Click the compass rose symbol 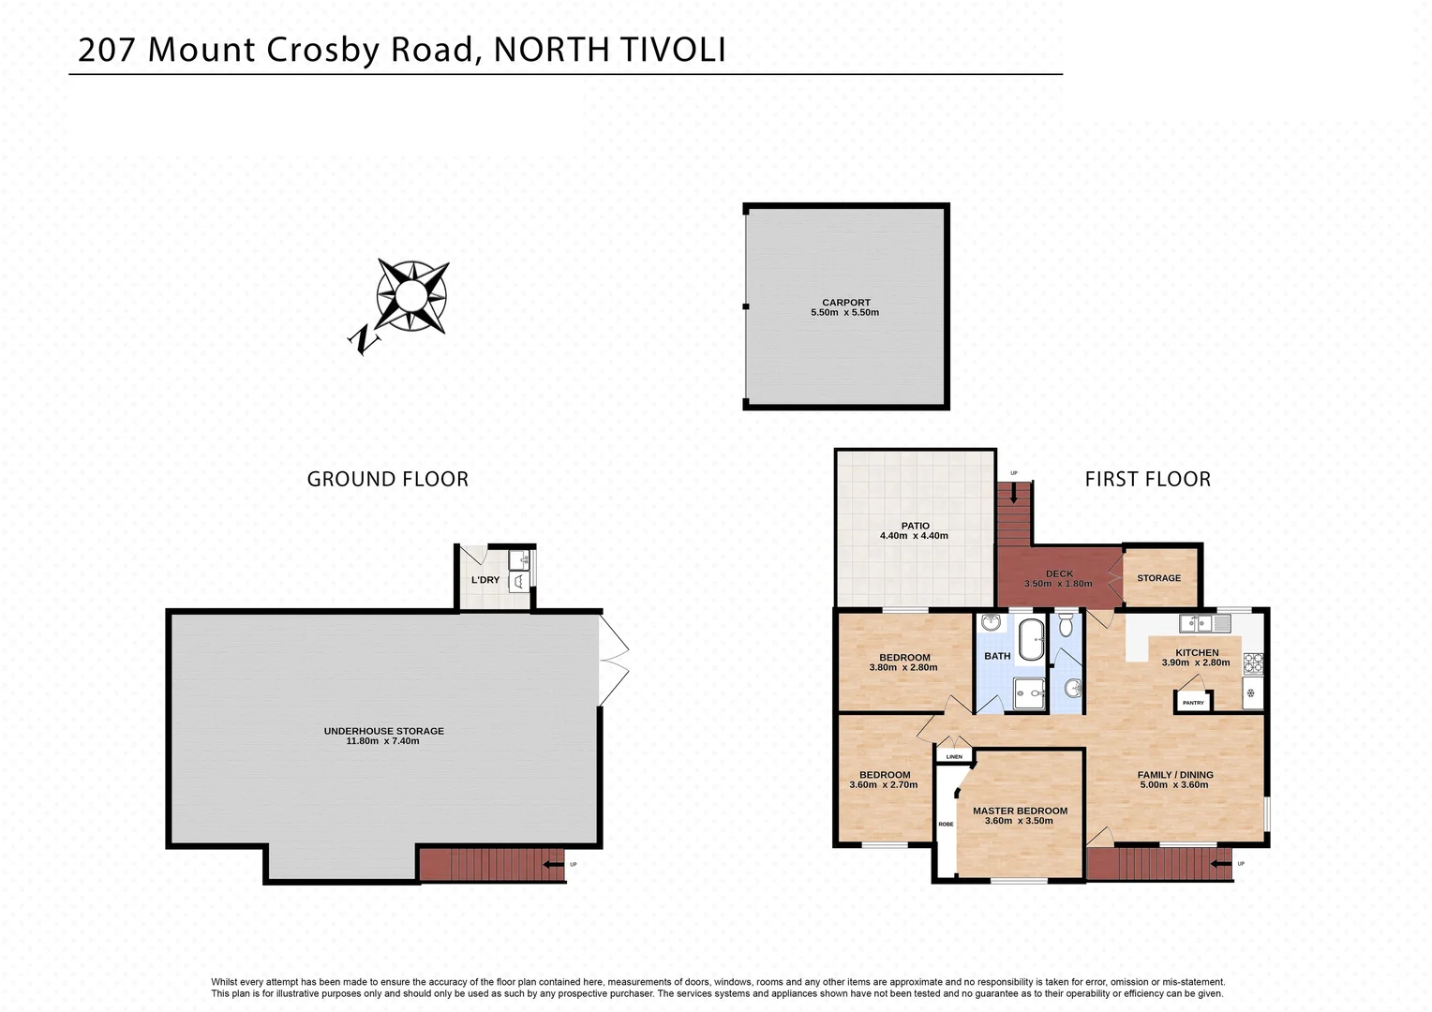point(410,297)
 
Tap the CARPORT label point(845,303)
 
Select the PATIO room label point(915,526)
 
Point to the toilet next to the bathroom point(1066,627)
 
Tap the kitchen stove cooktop point(1253,662)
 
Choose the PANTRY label point(1193,703)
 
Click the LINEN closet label point(954,756)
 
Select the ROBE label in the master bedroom point(946,825)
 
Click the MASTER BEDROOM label point(1020,811)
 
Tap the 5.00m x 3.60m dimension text point(1174,785)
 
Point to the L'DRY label point(485,580)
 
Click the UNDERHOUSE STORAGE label point(383,731)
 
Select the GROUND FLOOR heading point(387,479)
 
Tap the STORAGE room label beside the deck point(1158,578)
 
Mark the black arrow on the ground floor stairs point(553,864)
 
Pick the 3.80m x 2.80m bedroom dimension point(902,667)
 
